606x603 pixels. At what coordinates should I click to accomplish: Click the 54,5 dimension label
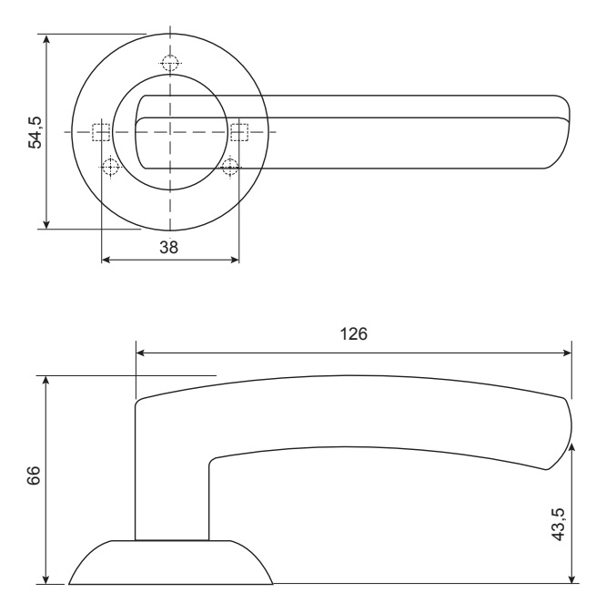tap(35, 132)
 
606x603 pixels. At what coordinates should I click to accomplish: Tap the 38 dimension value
tap(169, 247)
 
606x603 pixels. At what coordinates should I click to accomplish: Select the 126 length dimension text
tap(353, 333)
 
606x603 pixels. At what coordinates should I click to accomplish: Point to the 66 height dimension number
tap(34, 475)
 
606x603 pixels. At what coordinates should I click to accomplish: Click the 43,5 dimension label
tap(559, 524)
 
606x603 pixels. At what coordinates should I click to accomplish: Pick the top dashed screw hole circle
tap(170, 63)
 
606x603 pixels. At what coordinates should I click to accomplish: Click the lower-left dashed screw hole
tap(111, 167)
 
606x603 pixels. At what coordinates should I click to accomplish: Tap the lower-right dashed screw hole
tap(230, 167)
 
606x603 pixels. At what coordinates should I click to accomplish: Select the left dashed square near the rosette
tap(101, 132)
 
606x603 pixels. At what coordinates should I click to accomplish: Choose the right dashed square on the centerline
tap(239, 132)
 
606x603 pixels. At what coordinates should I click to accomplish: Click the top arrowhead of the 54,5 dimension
tap(46, 39)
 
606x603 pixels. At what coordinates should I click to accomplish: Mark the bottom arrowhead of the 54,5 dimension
tap(46, 223)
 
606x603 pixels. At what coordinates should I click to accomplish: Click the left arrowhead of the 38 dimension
tap(106, 260)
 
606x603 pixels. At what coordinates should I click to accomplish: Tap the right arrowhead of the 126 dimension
tap(566, 353)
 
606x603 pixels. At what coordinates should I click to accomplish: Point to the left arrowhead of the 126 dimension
tap(141, 353)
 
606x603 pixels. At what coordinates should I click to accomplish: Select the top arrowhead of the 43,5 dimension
tap(572, 448)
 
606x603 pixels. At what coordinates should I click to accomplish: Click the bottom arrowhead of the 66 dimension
tap(46, 578)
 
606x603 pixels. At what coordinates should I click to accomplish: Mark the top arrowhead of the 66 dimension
tap(46, 381)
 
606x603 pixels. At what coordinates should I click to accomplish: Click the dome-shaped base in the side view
tap(171, 562)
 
